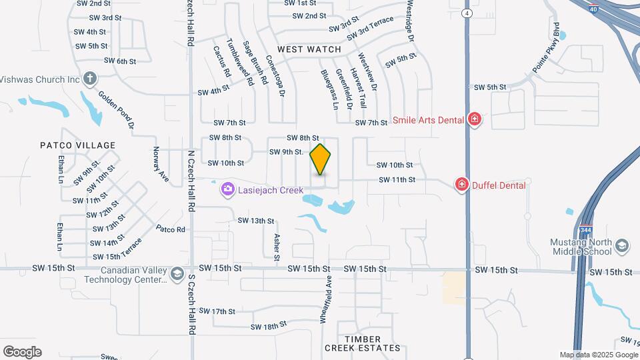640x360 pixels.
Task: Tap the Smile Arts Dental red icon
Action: tap(474, 119)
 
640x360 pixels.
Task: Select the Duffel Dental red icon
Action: tap(461, 185)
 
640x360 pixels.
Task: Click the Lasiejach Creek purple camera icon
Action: tap(228, 190)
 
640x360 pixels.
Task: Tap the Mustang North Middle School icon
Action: tap(622, 246)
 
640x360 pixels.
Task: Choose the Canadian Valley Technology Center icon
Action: tap(177, 273)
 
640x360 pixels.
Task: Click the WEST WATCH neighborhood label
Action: tap(309, 49)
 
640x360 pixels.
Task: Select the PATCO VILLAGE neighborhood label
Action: tap(78, 145)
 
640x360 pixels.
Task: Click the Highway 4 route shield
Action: tap(469, 13)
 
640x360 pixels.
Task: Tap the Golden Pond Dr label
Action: tap(117, 109)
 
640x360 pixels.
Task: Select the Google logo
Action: tap(22, 351)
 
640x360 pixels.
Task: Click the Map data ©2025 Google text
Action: tap(598, 355)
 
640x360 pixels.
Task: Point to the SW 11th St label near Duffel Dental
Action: tap(397, 180)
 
